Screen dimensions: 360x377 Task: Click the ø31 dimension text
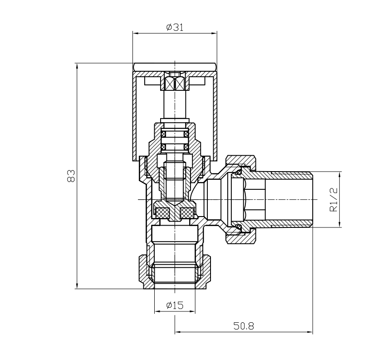(175, 27)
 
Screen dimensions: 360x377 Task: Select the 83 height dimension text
(70, 176)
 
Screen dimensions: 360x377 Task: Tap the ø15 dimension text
(175, 306)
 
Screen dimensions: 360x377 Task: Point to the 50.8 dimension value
(244, 326)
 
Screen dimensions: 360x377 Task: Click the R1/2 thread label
(334, 200)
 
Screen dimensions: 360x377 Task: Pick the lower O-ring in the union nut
(237, 227)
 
